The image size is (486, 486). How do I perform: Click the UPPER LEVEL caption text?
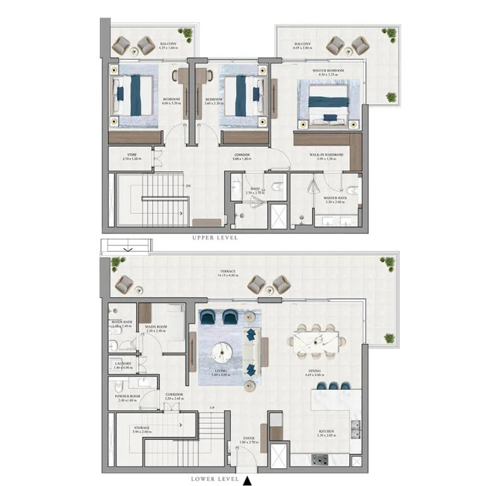click(x=216, y=238)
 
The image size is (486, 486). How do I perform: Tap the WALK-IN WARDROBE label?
click(x=327, y=154)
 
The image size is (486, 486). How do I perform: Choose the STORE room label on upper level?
click(x=132, y=154)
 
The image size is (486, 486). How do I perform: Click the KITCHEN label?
click(x=327, y=432)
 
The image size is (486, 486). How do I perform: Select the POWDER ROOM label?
click(x=127, y=397)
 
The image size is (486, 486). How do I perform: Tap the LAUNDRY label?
click(x=123, y=364)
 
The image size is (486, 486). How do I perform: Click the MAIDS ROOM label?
click(x=156, y=327)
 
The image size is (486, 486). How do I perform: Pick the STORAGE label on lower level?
click(x=142, y=428)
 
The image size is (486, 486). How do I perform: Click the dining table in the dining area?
click(x=315, y=340)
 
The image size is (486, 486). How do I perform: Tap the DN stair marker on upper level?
click(x=188, y=186)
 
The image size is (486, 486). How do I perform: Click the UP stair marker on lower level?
click(x=213, y=408)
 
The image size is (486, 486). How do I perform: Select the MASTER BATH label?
click(x=333, y=198)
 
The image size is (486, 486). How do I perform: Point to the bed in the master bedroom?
click(x=328, y=101)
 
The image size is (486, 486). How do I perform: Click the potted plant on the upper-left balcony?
click(x=186, y=33)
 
